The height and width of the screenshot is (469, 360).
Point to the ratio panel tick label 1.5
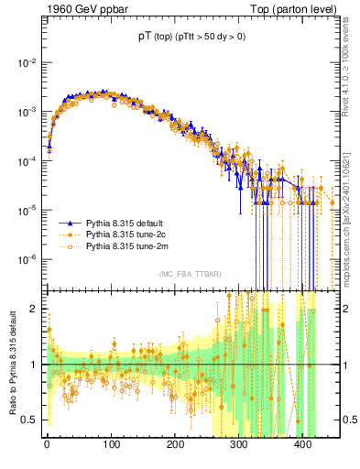tap(29, 336)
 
